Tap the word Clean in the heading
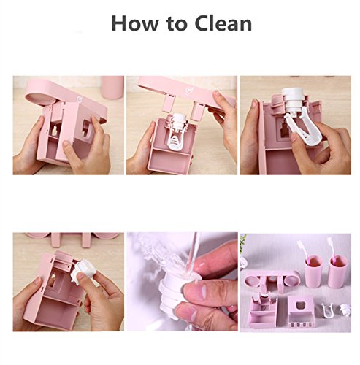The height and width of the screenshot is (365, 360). coord(223,23)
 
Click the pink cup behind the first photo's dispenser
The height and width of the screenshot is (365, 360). coord(112,87)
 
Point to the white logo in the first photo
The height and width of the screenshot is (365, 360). coord(80,99)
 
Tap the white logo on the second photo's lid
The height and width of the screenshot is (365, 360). coord(189,91)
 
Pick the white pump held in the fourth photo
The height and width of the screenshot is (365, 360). coord(82,272)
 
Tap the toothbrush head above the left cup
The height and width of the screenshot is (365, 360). coord(300,246)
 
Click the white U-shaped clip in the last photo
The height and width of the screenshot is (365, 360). coord(326,311)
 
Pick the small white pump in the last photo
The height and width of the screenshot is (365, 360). coord(345,309)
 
